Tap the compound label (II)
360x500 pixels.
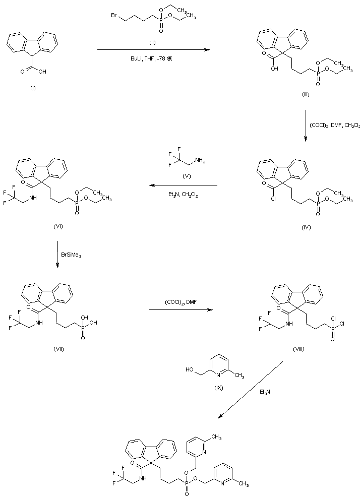[152, 41]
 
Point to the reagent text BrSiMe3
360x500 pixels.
[72, 256]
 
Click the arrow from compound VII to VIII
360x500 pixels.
[179, 310]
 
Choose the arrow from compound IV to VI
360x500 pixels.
[183, 185]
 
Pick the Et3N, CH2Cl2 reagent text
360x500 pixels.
[183, 194]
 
